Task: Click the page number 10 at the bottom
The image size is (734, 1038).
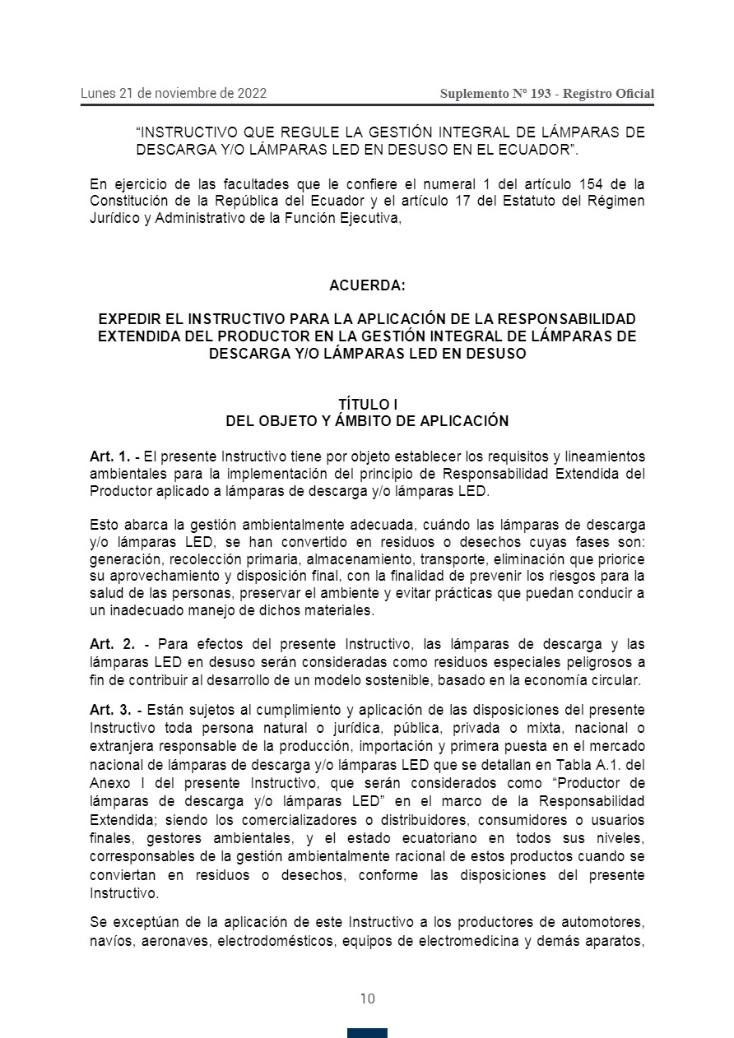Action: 367,999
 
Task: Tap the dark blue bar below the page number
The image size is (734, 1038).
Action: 367,1032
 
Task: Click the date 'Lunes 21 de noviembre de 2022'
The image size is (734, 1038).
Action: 174,93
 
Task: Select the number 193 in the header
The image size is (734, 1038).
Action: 541,94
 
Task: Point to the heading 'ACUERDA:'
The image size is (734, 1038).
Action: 367,285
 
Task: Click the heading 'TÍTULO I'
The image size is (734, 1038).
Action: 367,405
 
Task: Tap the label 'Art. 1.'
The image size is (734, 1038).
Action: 109,456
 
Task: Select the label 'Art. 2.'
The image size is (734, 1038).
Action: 113,643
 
